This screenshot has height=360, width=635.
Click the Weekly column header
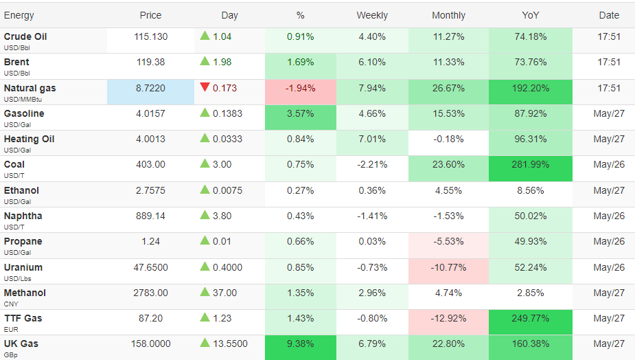pos(372,15)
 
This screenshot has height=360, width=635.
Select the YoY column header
pos(530,15)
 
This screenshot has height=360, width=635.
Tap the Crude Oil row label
pos(25,36)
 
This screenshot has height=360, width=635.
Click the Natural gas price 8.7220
pos(150,88)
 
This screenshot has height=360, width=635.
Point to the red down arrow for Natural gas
pos(205,87)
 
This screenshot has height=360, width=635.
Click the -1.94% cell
pos(300,88)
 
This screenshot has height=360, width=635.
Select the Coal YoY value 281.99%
pos(530,165)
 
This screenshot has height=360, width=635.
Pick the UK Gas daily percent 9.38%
pos(300,344)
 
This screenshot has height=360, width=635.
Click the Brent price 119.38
pos(150,62)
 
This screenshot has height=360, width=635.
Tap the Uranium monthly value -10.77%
pos(448,267)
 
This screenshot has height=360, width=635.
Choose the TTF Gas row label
pos(23,318)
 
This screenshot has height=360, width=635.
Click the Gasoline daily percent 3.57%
pos(300,113)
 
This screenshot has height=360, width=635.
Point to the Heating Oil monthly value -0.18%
pos(448,139)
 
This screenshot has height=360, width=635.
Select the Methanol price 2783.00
pos(150,293)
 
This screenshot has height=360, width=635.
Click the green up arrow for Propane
pos(205,240)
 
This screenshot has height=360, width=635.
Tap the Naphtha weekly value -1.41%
pos(372,216)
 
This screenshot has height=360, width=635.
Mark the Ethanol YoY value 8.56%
pos(530,190)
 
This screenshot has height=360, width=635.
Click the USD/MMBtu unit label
pos(23,100)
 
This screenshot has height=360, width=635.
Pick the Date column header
pos(609,15)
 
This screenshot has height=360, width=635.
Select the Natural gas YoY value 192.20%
pos(530,88)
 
